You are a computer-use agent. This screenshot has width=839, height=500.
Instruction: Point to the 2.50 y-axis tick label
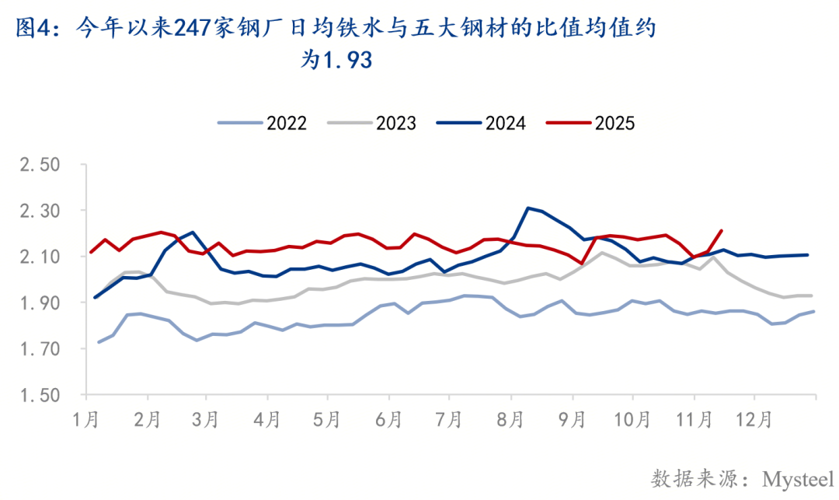pyautogui.click(x=38, y=166)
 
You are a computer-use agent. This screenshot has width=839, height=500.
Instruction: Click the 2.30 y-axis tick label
pyautogui.click(x=38, y=212)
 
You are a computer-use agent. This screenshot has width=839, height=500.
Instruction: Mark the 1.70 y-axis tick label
pyautogui.click(x=38, y=349)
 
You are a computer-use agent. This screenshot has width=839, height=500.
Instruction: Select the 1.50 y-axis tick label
pyautogui.click(x=38, y=395)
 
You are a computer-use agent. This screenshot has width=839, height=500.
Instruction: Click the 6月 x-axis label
pyautogui.click(x=388, y=420)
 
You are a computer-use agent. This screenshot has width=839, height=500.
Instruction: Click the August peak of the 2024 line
pyautogui.click(x=528, y=208)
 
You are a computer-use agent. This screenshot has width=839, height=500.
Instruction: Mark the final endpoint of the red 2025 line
pyautogui.click(x=722, y=230)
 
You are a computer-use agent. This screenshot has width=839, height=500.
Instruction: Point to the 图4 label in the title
pyautogui.click(x=33, y=29)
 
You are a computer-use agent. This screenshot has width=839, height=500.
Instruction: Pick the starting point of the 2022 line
pyautogui.click(x=99, y=342)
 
